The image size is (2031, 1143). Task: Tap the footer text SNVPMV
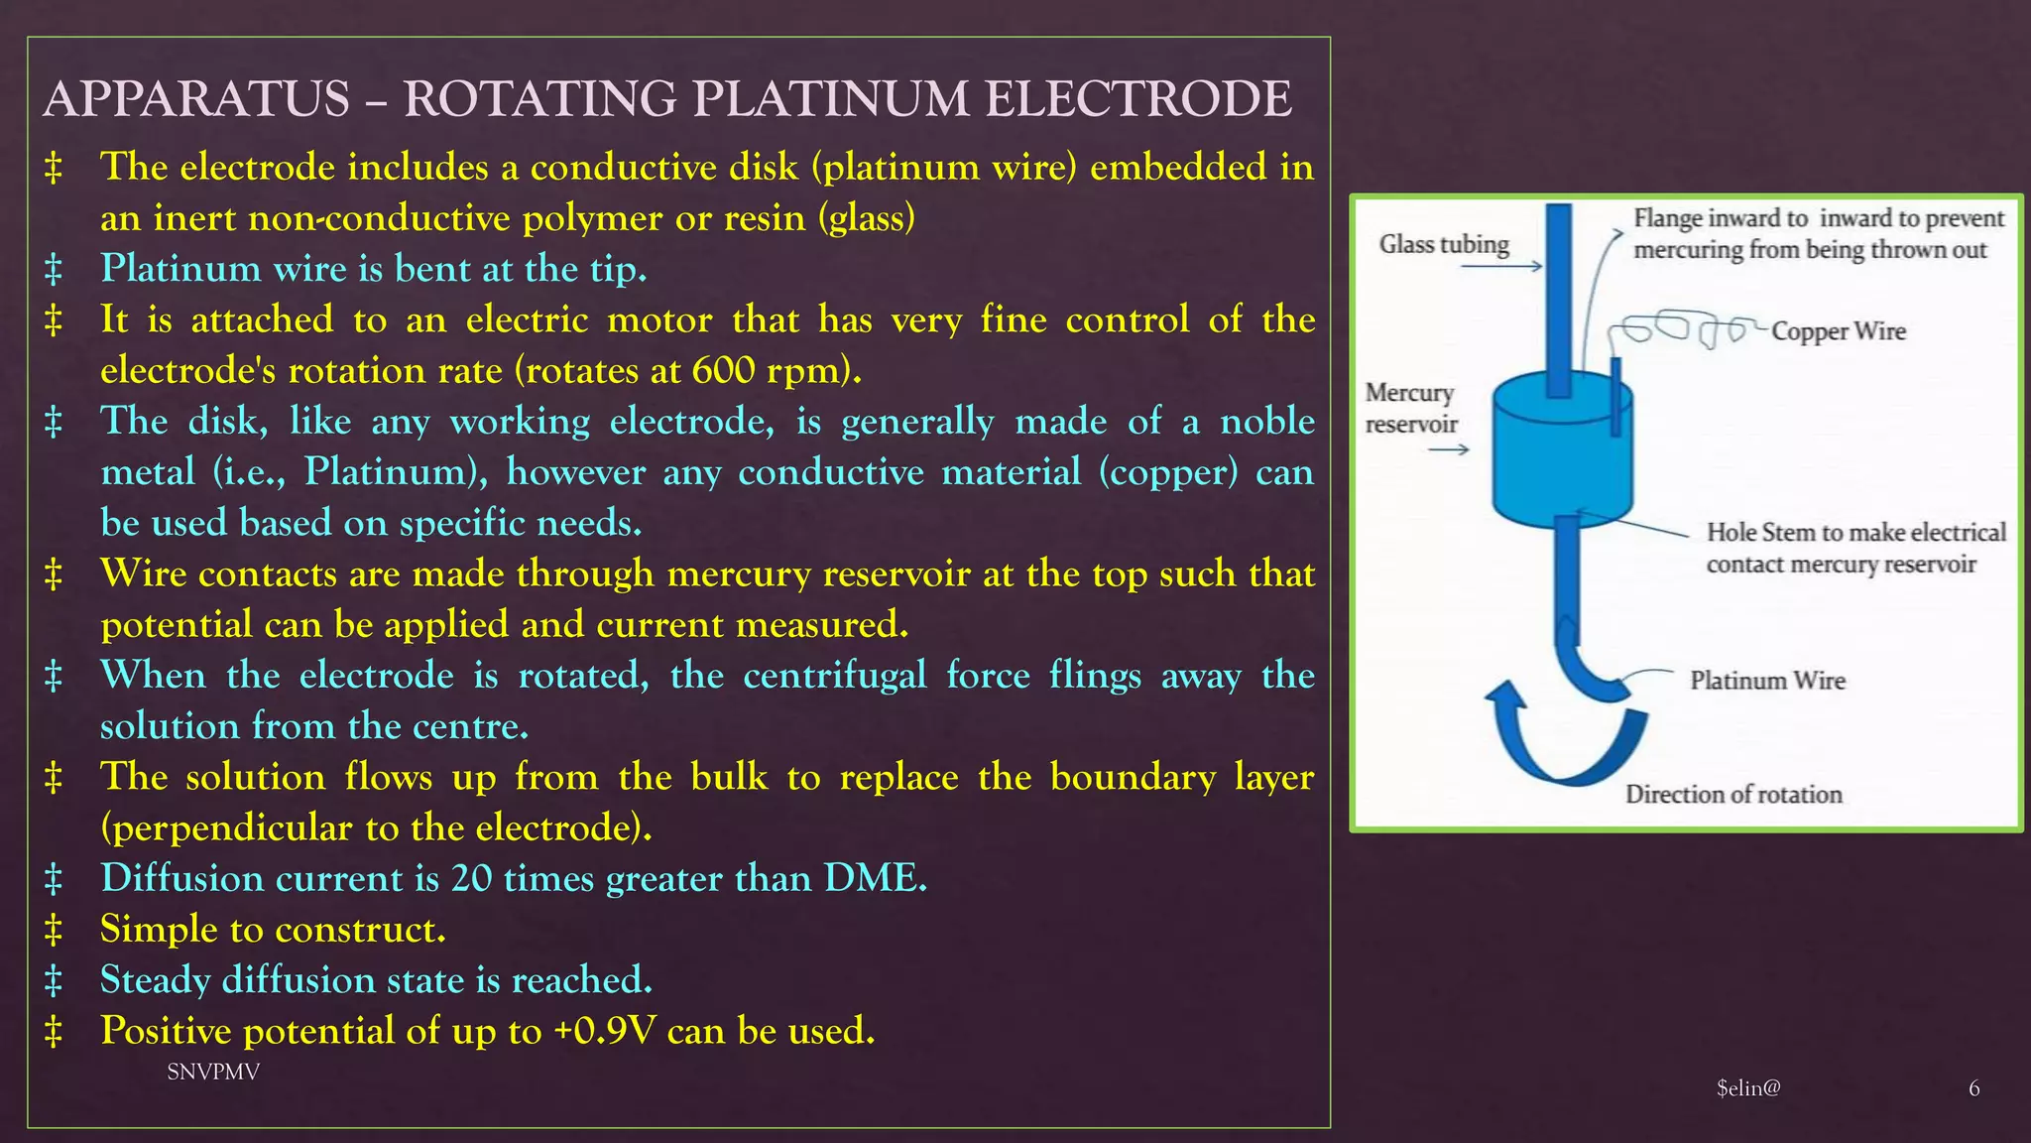213,1073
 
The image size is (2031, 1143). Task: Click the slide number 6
1973,1089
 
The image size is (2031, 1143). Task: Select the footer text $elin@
1748,1088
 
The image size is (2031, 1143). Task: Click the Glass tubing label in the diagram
1444,244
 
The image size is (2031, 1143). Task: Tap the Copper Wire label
1839,331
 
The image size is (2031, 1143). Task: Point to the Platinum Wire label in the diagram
1767,681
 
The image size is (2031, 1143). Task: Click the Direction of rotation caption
1733,795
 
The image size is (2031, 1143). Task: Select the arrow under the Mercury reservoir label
1448,450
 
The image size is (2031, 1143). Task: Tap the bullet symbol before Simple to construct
54,931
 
